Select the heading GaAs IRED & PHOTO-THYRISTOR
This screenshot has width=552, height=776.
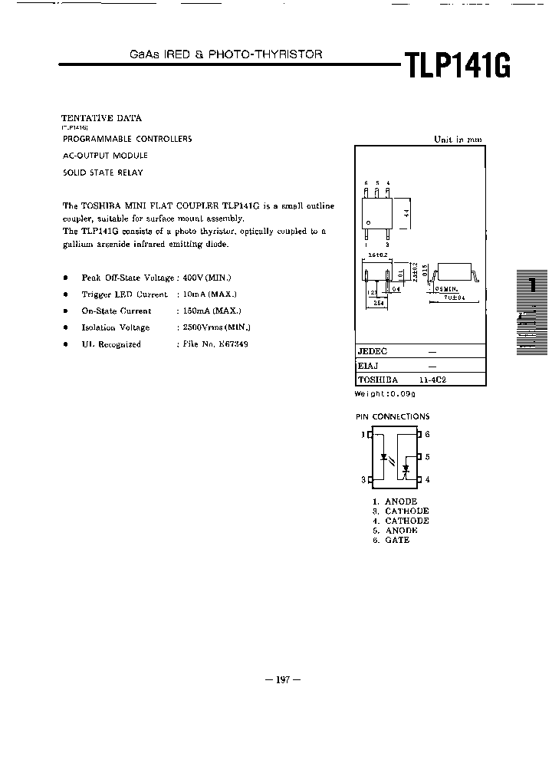225,54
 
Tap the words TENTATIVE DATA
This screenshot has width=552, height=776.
101,118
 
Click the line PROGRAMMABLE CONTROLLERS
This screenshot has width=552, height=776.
127,139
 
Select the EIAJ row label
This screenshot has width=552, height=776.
367,367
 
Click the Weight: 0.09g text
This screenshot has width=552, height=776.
384,393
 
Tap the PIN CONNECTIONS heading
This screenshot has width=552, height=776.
393,416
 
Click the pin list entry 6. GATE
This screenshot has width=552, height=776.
391,540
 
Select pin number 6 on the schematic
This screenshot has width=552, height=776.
427,434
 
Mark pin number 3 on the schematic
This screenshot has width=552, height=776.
363,480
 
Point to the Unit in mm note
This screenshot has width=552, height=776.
458,140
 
